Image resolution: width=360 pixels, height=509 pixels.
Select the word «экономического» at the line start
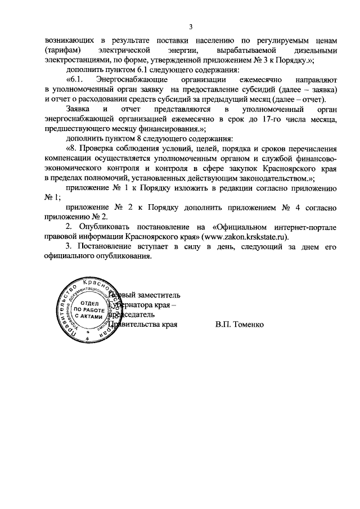coord(74,168)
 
